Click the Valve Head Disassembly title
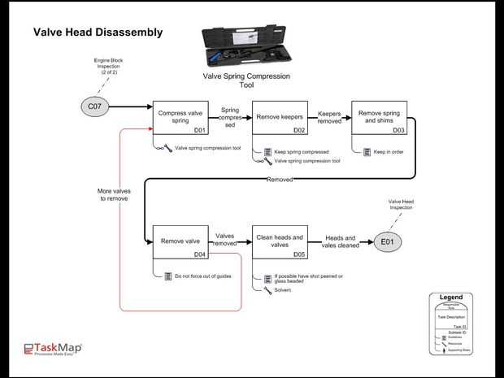coord(98,33)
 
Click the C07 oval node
coord(93,106)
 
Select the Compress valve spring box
coord(181,118)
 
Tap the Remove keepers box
coord(280,118)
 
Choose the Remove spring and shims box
coord(379,118)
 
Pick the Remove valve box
coord(181,242)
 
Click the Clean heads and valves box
coord(280,242)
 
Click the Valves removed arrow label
coord(225,239)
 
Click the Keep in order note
coord(389,151)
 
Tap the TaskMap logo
coord(53,349)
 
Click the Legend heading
coord(450,298)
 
